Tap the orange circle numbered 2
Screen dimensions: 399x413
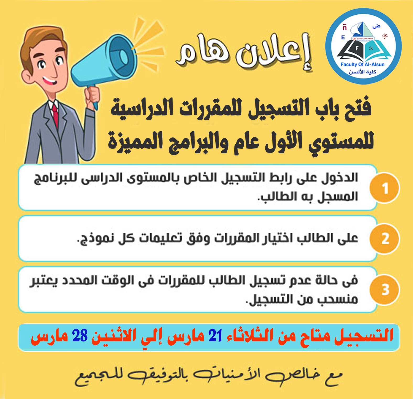[x=384, y=239]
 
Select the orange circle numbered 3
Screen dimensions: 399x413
[x=384, y=290]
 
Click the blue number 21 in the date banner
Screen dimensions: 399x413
[x=215, y=336]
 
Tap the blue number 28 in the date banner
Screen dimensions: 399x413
[x=80, y=336]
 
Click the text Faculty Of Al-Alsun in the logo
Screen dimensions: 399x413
[x=362, y=64]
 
